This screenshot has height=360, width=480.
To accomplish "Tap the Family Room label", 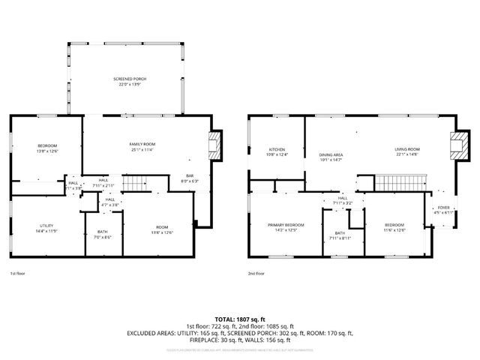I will click(x=142, y=143).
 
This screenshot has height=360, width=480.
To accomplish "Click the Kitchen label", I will click(x=277, y=149).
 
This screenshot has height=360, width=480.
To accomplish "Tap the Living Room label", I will click(x=407, y=149).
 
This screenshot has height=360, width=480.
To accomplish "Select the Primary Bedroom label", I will click(x=286, y=225).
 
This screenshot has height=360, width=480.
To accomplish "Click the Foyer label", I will click(x=444, y=208).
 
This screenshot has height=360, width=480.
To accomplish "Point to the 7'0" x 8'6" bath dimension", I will click(x=102, y=238).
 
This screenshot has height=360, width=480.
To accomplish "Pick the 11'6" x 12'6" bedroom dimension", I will click(x=394, y=229).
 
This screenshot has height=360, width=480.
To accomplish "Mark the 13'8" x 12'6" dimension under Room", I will click(x=162, y=232).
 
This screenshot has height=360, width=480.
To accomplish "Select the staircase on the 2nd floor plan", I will click(x=399, y=182).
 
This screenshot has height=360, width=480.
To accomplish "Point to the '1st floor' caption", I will click(x=17, y=274).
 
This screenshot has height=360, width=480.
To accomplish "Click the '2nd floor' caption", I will click(x=256, y=274).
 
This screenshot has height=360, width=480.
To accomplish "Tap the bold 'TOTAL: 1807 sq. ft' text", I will click(x=240, y=319).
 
